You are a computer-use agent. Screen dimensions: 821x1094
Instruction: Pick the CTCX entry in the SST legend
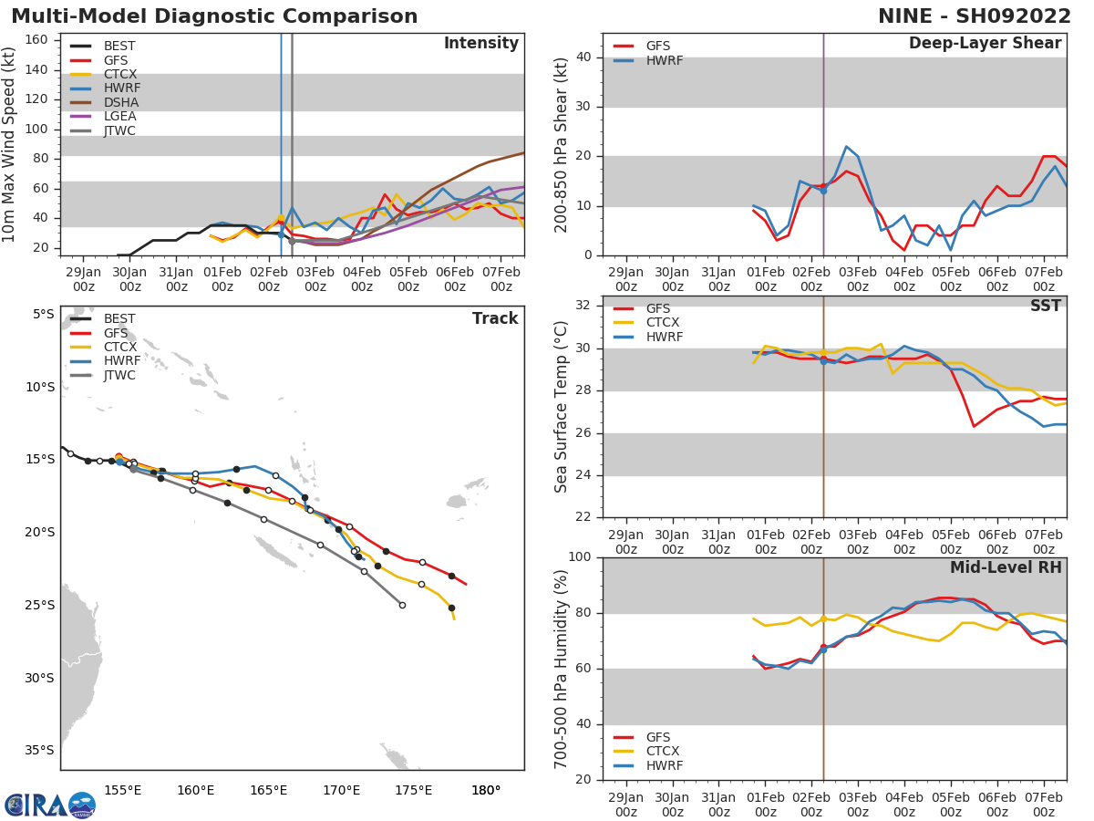point(663,323)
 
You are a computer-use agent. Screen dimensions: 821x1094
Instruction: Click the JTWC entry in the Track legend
point(120,376)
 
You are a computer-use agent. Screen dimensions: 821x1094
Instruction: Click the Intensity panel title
point(480,44)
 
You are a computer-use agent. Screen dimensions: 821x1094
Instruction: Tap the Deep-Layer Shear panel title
point(985,44)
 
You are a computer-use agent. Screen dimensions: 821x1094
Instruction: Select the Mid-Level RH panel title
point(1006,567)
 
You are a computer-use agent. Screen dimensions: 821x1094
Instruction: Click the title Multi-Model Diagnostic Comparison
point(214,16)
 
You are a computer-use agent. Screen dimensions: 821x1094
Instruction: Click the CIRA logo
point(49,805)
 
